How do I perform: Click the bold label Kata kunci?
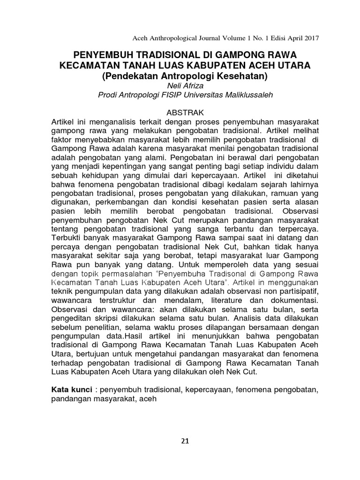pyautogui.click(x=71, y=390)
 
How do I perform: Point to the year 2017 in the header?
pyautogui.click(x=310, y=38)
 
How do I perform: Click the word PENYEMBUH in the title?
pyautogui.click(x=101, y=54)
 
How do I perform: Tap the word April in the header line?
pyautogui.click(x=290, y=38)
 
